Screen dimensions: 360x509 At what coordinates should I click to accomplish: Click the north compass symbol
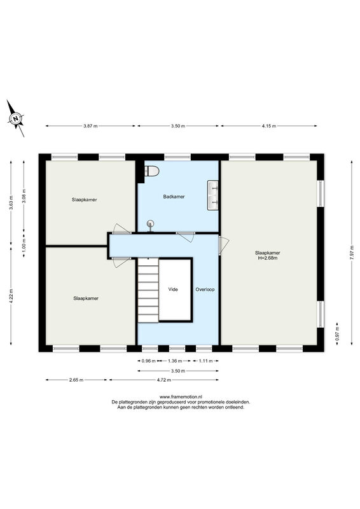point(15,118)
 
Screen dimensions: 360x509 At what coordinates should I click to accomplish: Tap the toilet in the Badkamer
point(151,171)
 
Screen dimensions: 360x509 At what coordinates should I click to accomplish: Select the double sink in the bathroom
point(213,196)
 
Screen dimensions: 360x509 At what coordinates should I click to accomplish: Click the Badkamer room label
point(174,197)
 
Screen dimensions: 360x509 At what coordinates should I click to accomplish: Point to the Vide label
point(173,289)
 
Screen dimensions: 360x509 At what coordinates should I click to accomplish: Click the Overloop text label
point(205,289)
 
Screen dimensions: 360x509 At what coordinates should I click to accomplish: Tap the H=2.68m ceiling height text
point(268,258)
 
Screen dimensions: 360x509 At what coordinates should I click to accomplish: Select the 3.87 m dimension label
point(90,126)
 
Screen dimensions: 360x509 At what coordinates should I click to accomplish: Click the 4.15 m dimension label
point(269,126)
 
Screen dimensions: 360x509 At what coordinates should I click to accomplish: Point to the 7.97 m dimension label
point(352,252)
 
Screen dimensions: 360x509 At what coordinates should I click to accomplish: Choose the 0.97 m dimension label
point(337,333)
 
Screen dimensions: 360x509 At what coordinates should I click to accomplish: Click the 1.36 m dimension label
point(175,361)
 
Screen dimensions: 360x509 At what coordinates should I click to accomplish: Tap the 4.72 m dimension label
point(163,379)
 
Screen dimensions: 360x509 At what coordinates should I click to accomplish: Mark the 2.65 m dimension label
point(76,379)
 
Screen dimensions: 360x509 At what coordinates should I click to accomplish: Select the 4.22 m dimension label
point(11,296)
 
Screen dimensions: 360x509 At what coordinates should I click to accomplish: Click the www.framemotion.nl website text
point(181,396)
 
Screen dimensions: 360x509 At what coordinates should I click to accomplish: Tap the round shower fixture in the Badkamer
point(150,225)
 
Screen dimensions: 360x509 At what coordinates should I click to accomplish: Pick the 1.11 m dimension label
point(205,361)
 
